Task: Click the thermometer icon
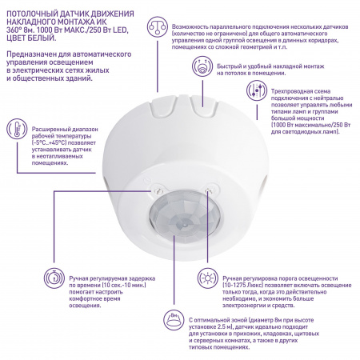click(17, 129)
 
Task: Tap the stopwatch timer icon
click(54, 278)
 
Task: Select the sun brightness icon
click(208, 278)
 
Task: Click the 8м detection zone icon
click(174, 320)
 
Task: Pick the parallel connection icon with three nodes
click(158, 26)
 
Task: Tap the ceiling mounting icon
click(202, 66)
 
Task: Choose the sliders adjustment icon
click(257, 90)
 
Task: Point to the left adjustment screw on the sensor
click(157, 190)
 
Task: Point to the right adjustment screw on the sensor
click(209, 190)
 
